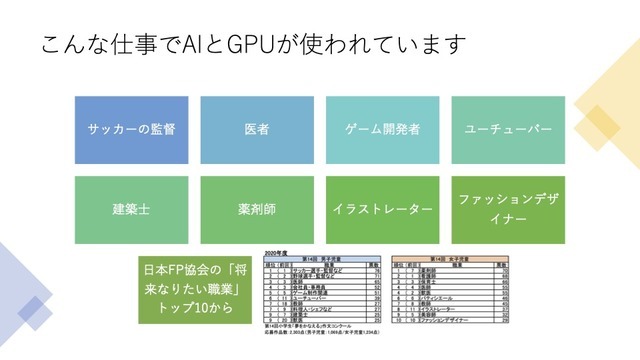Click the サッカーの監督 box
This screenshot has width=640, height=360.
click(x=131, y=130)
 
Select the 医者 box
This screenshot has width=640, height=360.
click(x=257, y=130)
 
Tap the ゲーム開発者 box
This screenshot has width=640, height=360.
click(x=382, y=130)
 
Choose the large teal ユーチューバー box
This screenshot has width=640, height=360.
click(x=508, y=130)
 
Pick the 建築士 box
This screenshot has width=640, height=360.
click(x=131, y=209)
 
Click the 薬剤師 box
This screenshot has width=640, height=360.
click(x=257, y=209)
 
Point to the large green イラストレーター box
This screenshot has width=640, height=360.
click(x=382, y=209)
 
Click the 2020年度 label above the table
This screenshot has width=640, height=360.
click(x=276, y=254)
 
